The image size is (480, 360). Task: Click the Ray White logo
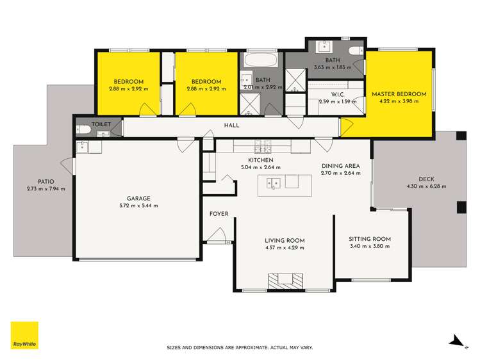24,335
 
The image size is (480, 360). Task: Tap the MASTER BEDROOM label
399,94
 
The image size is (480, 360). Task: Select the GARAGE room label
138,198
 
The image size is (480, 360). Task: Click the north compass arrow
455,341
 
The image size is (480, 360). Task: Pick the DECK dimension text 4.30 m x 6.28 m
426,186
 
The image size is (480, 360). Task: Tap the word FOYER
219,214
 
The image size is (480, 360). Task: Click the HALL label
231,126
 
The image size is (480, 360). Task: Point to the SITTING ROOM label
370,239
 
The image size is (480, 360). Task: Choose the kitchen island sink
273,184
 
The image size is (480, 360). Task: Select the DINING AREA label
340,165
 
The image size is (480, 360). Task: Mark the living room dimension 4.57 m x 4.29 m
284,247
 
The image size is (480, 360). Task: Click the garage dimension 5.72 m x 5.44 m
138,206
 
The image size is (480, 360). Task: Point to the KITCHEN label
261,160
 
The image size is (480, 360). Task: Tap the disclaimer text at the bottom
240,348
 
